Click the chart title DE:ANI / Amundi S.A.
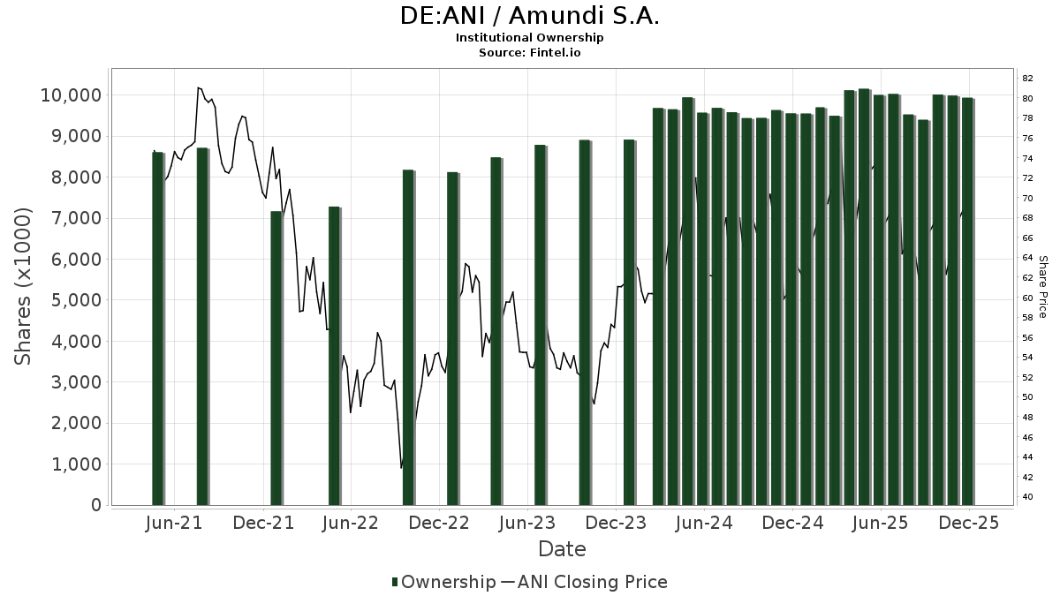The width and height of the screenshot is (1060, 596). pyautogui.click(x=529, y=16)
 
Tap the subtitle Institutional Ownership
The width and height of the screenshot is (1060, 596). pyautogui.click(x=529, y=38)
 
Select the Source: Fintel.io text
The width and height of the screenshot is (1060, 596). pyautogui.click(x=529, y=52)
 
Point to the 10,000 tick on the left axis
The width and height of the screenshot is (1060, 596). pyautogui.click(x=70, y=95)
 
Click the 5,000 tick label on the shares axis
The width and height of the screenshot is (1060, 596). pyautogui.click(x=74, y=300)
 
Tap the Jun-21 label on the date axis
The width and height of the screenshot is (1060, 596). pyautogui.click(x=173, y=523)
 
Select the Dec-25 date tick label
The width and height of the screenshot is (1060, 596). pyautogui.click(x=969, y=523)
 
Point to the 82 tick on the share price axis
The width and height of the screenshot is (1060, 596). pyautogui.click(x=1028, y=78)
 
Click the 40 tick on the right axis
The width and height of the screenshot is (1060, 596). pyautogui.click(x=1028, y=497)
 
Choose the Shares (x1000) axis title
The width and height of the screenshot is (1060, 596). pyautogui.click(x=23, y=286)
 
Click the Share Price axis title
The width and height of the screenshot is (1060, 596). pyautogui.click(x=1042, y=286)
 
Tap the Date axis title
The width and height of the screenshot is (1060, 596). pyautogui.click(x=562, y=549)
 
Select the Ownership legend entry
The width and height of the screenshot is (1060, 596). pyautogui.click(x=443, y=582)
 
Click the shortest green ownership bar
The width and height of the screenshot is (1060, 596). pyautogui.click(x=276, y=358)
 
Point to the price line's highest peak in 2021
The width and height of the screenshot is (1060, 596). pyautogui.click(x=198, y=87)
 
